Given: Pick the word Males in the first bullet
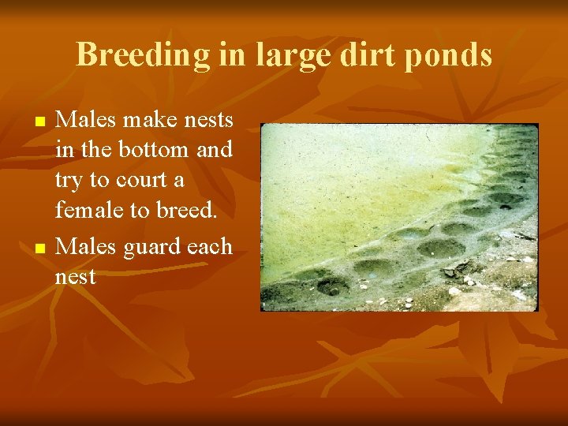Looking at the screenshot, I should pyautogui.click(x=84, y=120).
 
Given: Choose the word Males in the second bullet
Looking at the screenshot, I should pyautogui.click(x=84, y=246).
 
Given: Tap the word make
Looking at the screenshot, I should pyautogui.click(x=148, y=120).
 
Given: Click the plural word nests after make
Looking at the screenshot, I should pyautogui.click(x=208, y=120).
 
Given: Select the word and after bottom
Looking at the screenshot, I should pyautogui.click(x=214, y=149).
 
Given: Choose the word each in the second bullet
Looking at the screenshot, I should pyautogui.click(x=211, y=246).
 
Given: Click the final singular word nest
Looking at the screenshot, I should pyautogui.click(x=75, y=277).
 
